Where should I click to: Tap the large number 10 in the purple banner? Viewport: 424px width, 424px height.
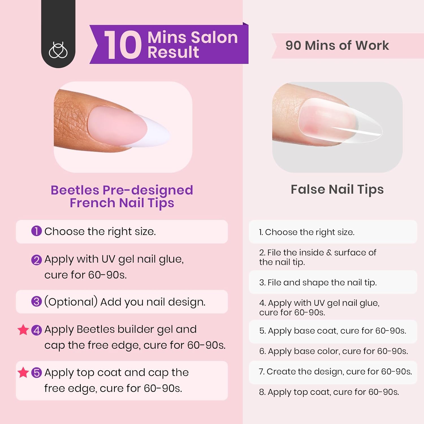tap(123, 45)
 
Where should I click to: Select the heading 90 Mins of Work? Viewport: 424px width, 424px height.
tap(337, 46)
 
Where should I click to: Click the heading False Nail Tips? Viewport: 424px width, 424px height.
tap(337, 189)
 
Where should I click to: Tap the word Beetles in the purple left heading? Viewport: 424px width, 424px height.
tap(75, 190)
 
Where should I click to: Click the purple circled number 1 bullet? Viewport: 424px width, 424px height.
tap(36, 231)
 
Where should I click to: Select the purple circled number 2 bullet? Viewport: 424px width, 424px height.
tap(36, 259)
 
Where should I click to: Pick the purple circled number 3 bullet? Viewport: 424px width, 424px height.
tap(36, 301)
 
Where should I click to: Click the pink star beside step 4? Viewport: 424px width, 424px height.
tap(23, 330)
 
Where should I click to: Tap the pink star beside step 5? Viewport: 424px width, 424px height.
tap(23, 372)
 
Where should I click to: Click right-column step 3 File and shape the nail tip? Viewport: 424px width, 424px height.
tap(318, 282)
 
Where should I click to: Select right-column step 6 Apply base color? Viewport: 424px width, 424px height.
tap(334, 351)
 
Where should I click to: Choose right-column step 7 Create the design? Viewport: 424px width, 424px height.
tap(335, 371)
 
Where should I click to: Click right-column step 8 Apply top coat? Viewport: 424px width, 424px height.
tap(329, 392)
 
